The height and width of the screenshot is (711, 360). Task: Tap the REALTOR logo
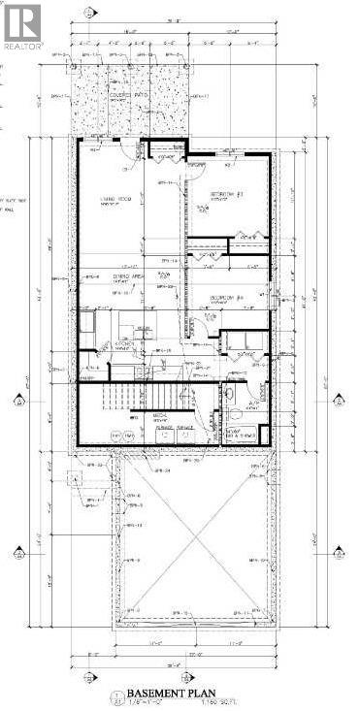[x=21, y=26]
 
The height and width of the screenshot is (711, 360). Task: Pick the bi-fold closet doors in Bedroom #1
[x=245, y=237]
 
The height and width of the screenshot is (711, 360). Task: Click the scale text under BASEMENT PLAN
[x=149, y=702]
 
